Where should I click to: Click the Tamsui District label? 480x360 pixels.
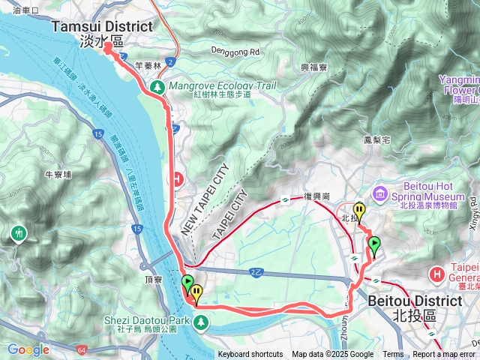(102, 26)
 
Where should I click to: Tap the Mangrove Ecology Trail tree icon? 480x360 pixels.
(158, 87)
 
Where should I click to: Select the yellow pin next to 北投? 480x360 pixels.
(359, 211)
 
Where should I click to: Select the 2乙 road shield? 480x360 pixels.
(256, 271)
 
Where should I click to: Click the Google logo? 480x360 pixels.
(28, 349)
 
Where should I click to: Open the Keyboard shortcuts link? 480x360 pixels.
(250, 355)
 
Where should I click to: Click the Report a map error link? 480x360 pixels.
(444, 355)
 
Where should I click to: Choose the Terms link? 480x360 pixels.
(393, 355)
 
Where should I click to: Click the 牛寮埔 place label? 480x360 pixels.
(58, 175)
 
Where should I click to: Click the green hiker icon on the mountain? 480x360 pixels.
(18, 235)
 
